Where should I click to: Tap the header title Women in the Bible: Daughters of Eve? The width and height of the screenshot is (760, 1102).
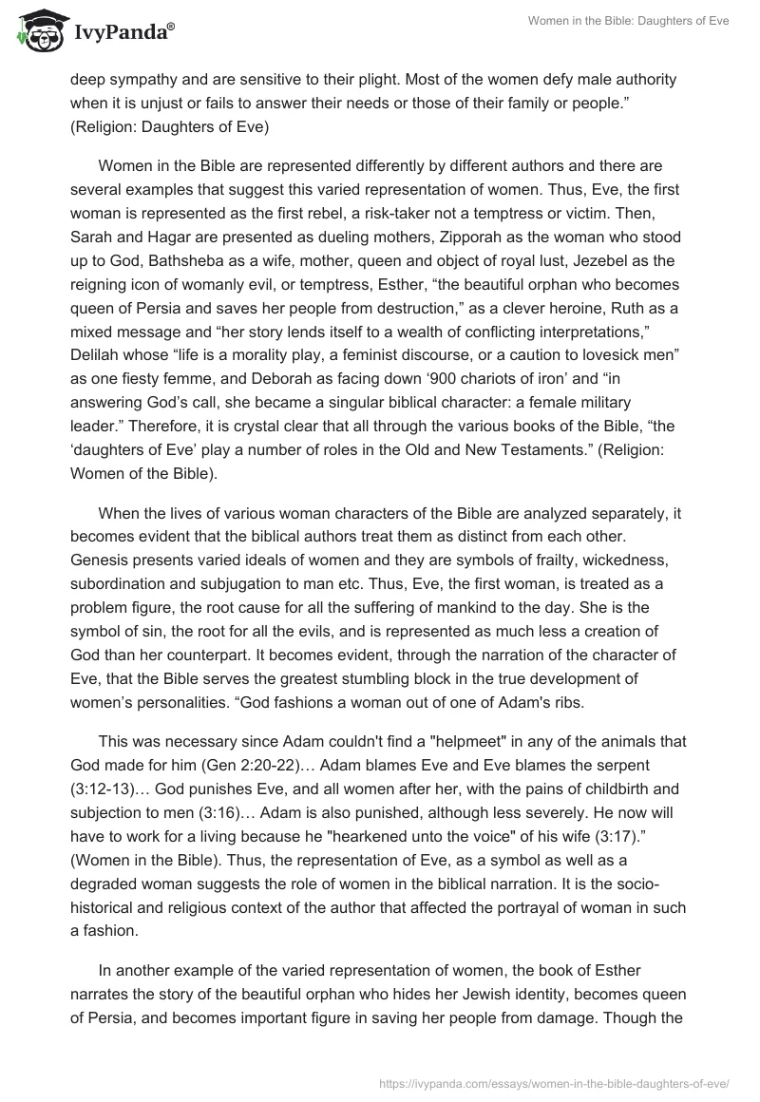(x=629, y=22)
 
